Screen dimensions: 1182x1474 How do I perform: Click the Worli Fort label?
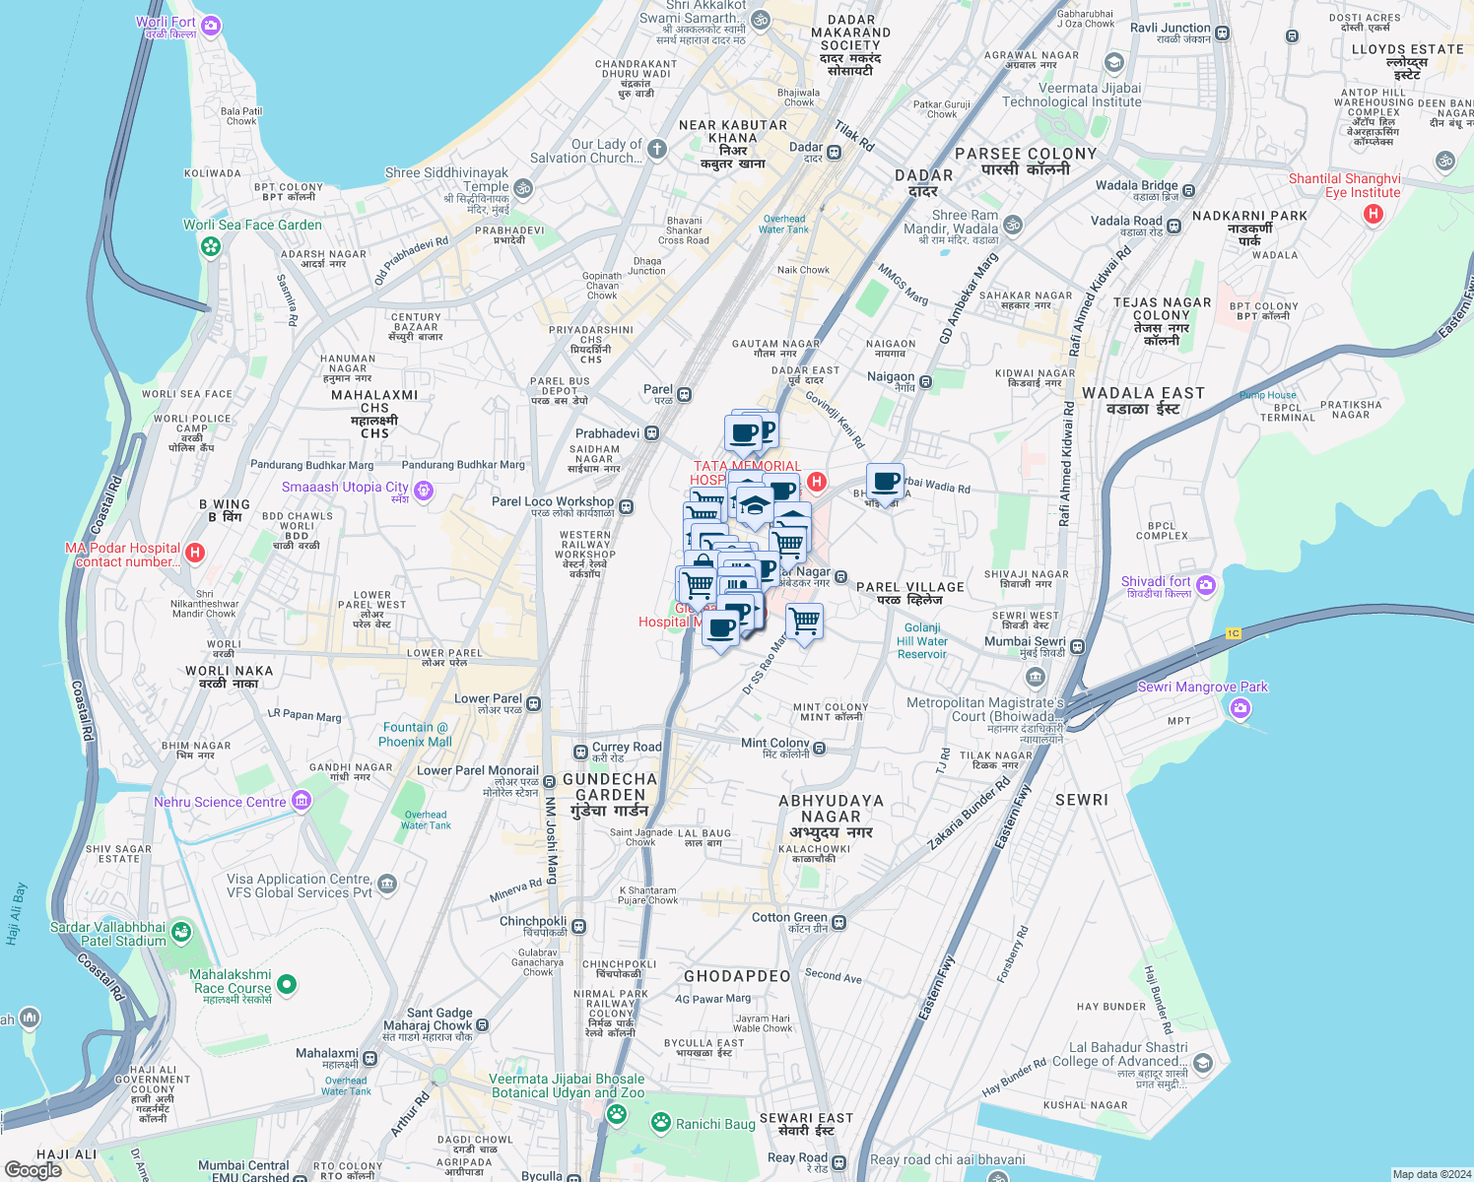point(166,23)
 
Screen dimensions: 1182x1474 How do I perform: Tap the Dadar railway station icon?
point(835,152)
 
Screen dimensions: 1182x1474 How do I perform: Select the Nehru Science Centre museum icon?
point(301,802)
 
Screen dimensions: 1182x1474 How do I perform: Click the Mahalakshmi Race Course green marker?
point(287,983)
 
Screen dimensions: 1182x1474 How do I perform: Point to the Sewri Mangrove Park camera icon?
point(1240,707)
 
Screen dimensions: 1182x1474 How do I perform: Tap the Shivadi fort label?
point(1156,582)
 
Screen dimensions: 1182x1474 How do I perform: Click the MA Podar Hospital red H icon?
point(195,553)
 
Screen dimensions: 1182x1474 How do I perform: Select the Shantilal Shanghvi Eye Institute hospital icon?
point(1373,214)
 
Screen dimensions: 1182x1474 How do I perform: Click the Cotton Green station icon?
point(839,922)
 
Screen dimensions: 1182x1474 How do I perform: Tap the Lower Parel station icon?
point(534,703)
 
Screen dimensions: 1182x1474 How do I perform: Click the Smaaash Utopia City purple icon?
point(424,490)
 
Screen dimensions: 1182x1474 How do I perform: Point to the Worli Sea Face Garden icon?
point(211,245)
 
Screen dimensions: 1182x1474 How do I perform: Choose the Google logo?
point(33,1170)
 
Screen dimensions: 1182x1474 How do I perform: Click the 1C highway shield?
point(1233,633)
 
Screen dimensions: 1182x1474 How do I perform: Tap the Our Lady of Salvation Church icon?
point(657,150)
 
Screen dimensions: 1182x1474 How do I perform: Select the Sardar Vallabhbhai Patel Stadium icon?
point(181,932)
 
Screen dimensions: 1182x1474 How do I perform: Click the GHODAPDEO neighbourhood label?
point(737,976)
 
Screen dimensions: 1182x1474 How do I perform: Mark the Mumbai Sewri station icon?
point(1078,647)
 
